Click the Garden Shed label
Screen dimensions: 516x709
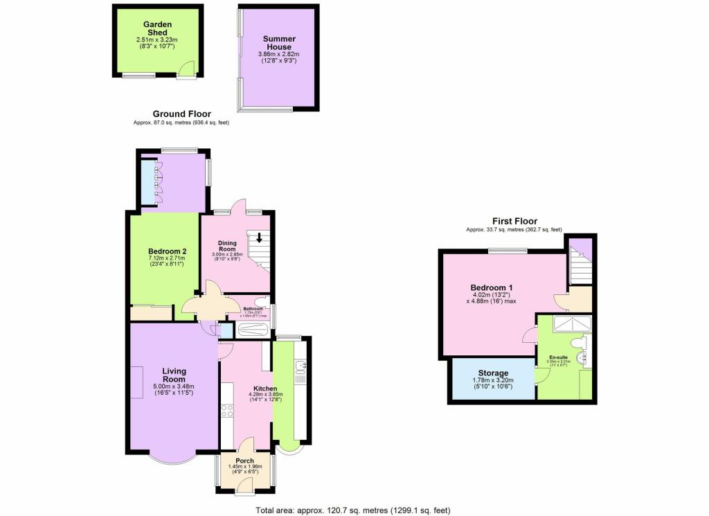click(157, 28)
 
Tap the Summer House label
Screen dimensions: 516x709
click(279, 43)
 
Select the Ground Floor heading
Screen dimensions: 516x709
click(182, 114)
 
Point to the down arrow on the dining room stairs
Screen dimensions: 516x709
click(259, 238)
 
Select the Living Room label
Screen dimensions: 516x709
click(174, 375)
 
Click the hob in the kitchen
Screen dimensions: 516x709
click(227, 411)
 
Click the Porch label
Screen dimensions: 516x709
click(244, 461)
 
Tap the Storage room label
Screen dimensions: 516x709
click(492, 373)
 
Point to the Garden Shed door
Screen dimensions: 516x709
click(185, 69)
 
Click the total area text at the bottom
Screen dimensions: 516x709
click(353, 510)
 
